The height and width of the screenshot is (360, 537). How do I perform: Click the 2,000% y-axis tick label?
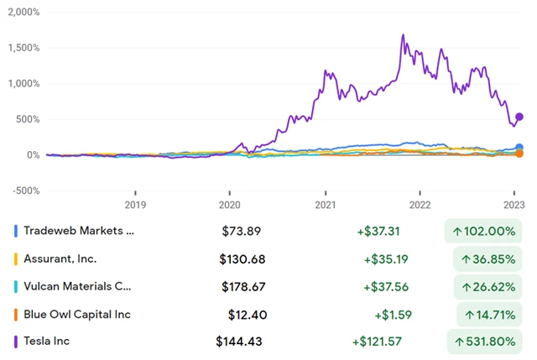pyautogui.click(x=23, y=12)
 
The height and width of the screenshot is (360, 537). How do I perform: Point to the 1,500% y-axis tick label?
pyautogui.click(x=23, y=48)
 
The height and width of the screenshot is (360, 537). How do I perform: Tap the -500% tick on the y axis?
pyautogui.click(x=23, y=190)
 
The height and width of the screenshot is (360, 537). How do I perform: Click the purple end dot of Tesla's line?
pyautogui.click(x=519, y=117)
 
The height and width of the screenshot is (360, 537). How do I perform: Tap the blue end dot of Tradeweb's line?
pyautogui.click(x=519, y=148)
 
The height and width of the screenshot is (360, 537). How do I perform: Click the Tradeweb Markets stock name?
pyautogui.click(x=79, y=231)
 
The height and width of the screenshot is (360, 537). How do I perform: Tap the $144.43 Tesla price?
pyautogui.click(x=240, y=342)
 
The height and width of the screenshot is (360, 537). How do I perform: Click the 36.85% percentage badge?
pyautogui.click(x=487, y=258)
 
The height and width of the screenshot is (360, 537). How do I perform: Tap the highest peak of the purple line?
pyautogui.click(x=404, y=35)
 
